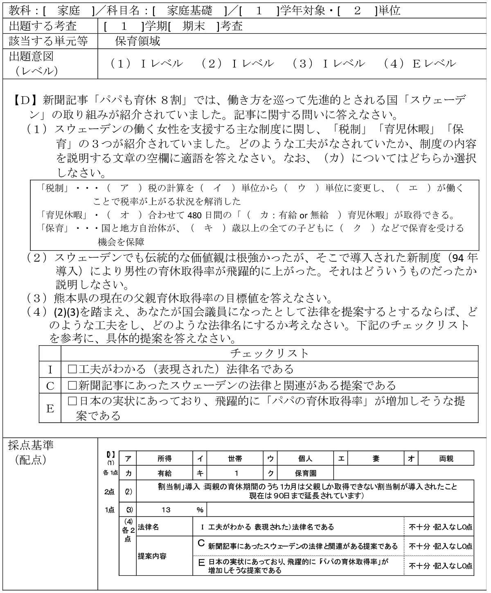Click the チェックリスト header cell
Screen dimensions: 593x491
pyautogui.click(x=269, y=353)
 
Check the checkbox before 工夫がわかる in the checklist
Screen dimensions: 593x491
pyautogui.click(x=72, y=369)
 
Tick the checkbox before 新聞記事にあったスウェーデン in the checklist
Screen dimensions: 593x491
pyautogui.click(x=72, y=385)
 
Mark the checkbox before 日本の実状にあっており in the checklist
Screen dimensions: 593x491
pyautogui.click(x=72, y=401)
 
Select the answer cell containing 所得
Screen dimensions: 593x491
pyautogui.click(x=164, y=459)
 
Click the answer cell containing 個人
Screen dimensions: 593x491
pyautogui.click(x=305, y=459)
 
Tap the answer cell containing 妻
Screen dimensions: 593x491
pyautogui.click(x=375, y=459)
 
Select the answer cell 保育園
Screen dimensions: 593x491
pyautogui.click(x=305, y=473)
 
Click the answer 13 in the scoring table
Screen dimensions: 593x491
pyautogui.click(x=166, y=509)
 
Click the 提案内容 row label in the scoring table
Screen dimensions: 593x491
pyautogui.click(x=152, y=556)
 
